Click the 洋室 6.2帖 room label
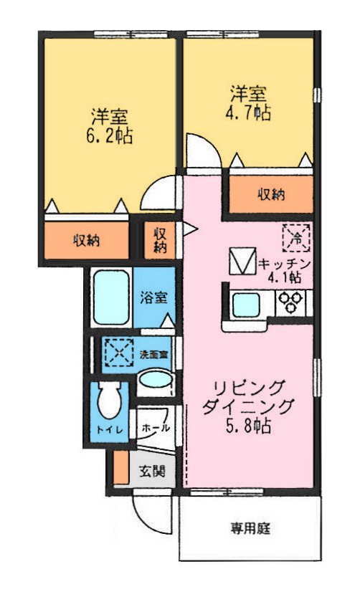(x=110, y=126)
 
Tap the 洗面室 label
(x=153, y=354)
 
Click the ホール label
(x=156, y=428)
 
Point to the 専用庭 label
(x=250, y=530)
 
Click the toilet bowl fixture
(x=110, y=401)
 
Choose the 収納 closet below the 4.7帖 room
(x=271, y=194)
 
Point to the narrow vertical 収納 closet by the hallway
(x=161, y=241)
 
